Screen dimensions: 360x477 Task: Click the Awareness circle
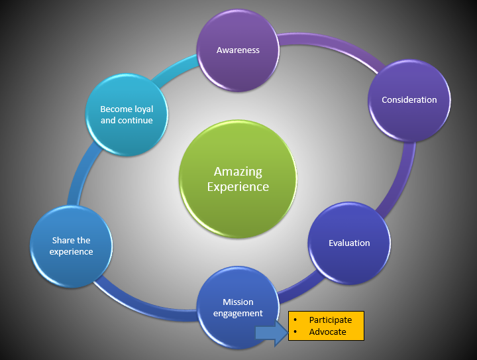pos(238,50)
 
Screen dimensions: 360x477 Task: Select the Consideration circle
pos(409,100)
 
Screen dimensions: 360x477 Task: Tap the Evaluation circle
pos(349,243)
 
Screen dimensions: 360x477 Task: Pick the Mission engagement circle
pos(237,307)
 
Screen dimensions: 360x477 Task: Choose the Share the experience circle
pos(72,246)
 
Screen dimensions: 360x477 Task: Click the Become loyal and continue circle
pos(126,114)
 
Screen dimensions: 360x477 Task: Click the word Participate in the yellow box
pos(330,320)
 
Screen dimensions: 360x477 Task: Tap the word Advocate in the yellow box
pos(327,331)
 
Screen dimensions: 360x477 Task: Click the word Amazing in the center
pos(238,172)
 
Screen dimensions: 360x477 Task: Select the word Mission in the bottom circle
pos(238,302)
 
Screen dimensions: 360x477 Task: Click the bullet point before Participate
pos(295,320)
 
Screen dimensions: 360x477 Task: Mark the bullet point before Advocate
pos(295,331)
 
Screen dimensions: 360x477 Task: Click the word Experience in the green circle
pos(238,187)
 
